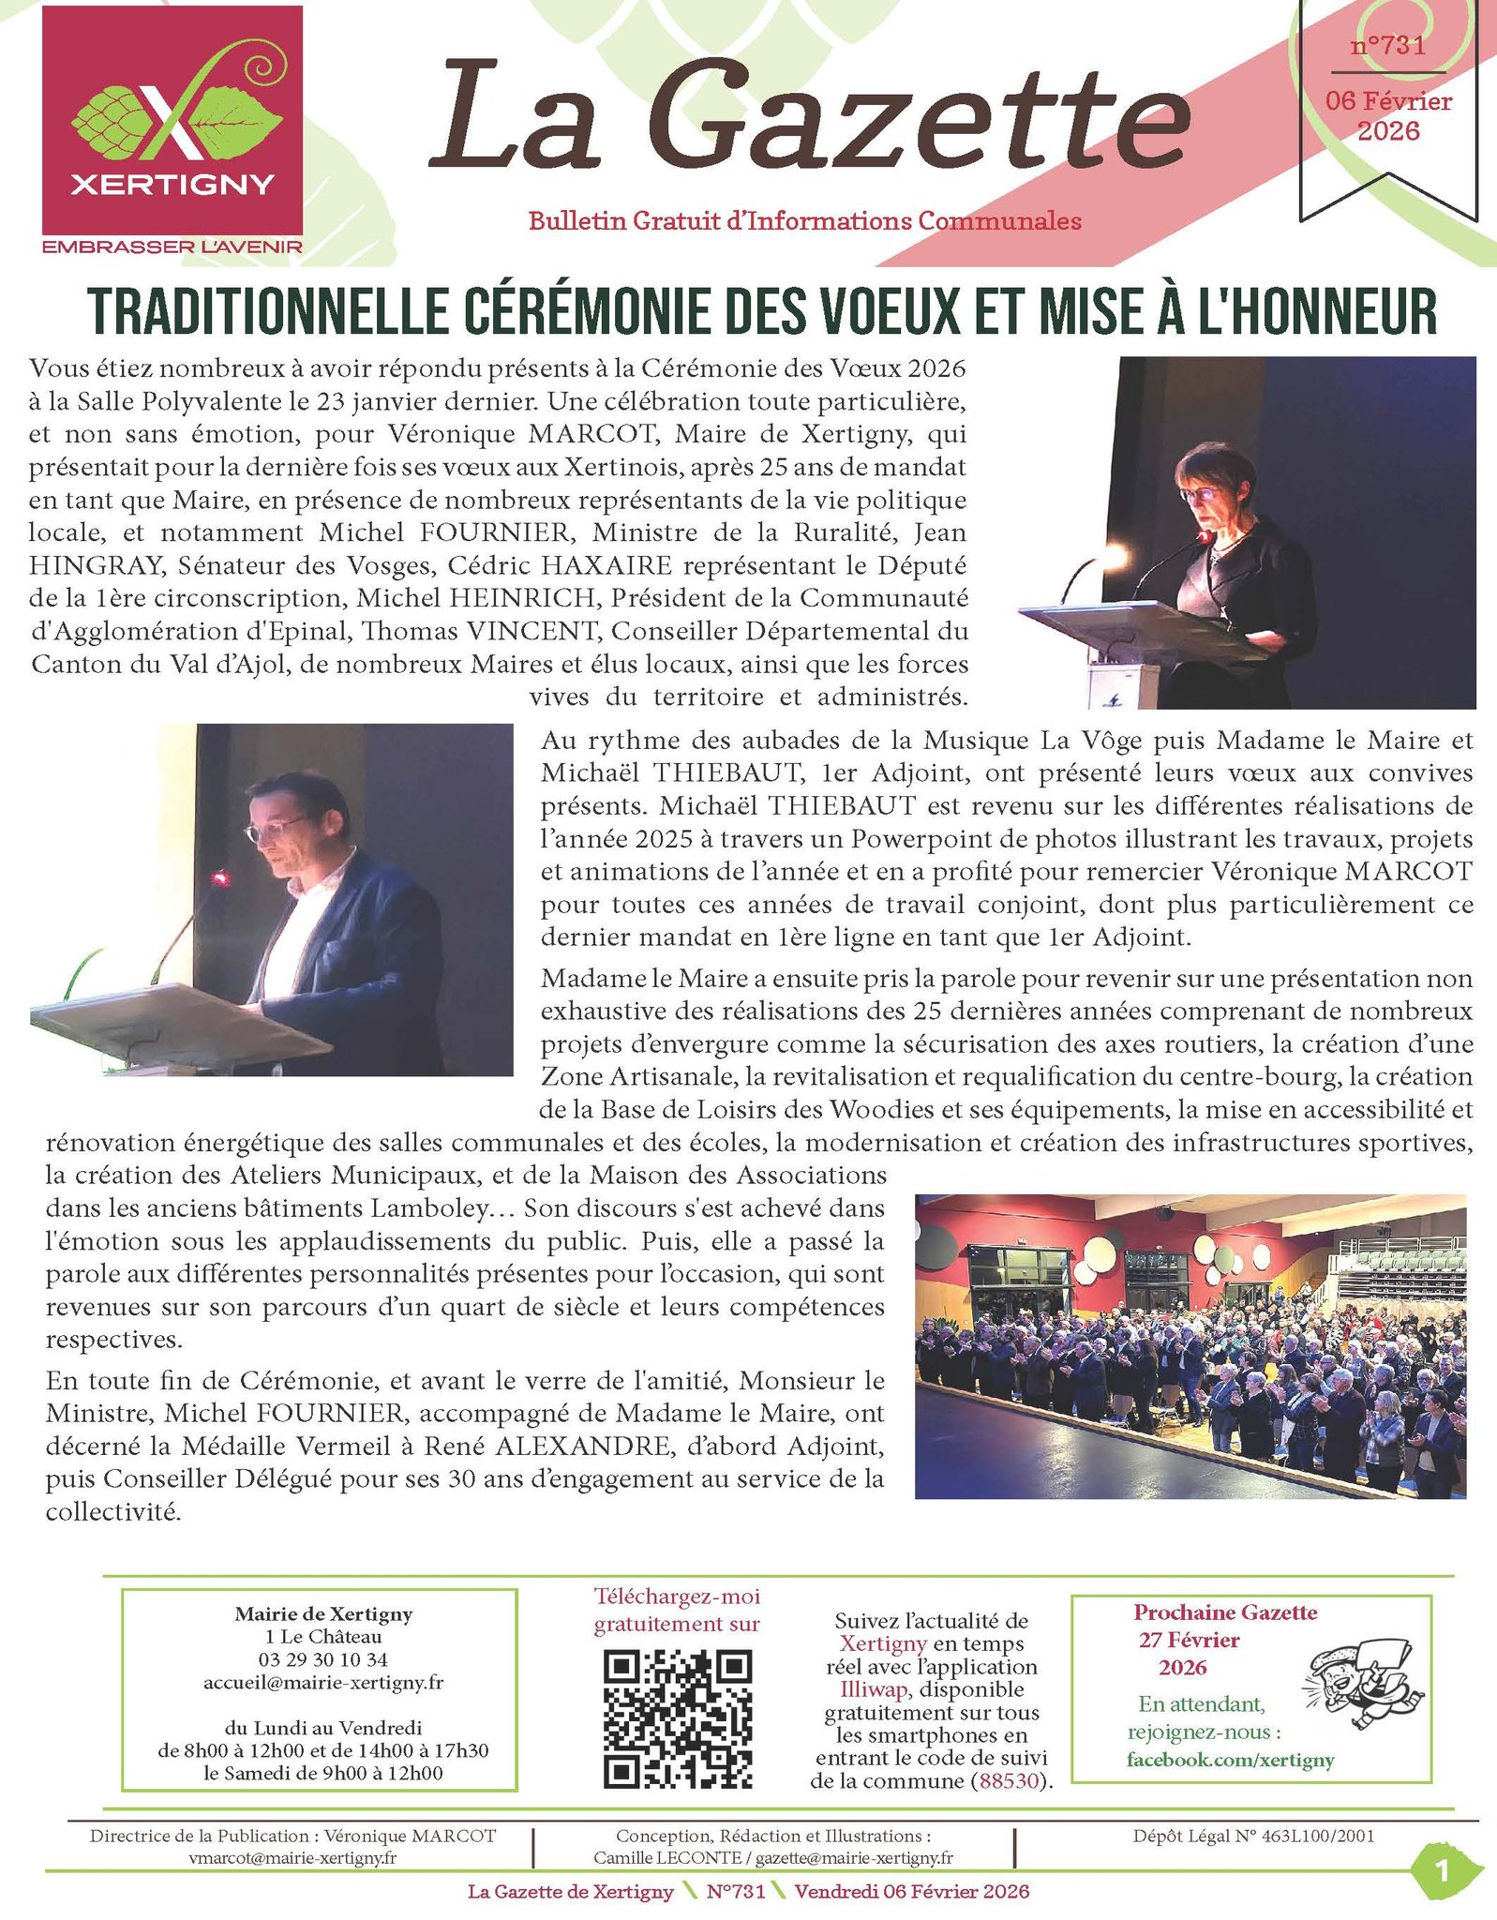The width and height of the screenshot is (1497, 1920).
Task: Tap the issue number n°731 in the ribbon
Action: [1387, 45]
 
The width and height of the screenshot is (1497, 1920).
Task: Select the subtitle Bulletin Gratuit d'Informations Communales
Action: [804, 221]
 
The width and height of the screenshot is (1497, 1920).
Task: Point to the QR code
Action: [677, 1718]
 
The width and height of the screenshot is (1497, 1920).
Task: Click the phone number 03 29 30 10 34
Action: [323, 1659]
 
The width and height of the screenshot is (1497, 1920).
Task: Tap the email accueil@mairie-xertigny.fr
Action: [323, 1682]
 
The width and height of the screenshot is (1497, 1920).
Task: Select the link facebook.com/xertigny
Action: [1230, 1760]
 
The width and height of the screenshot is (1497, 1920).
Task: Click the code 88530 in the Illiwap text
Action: [1009, 1781]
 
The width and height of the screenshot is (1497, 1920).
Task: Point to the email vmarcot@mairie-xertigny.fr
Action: [292, 1857]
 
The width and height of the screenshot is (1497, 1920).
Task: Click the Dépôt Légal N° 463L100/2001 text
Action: [1253, 1836]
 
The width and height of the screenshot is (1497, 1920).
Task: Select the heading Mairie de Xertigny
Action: [323, 1613]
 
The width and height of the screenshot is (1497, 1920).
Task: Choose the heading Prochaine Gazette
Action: [1225, 1612]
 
